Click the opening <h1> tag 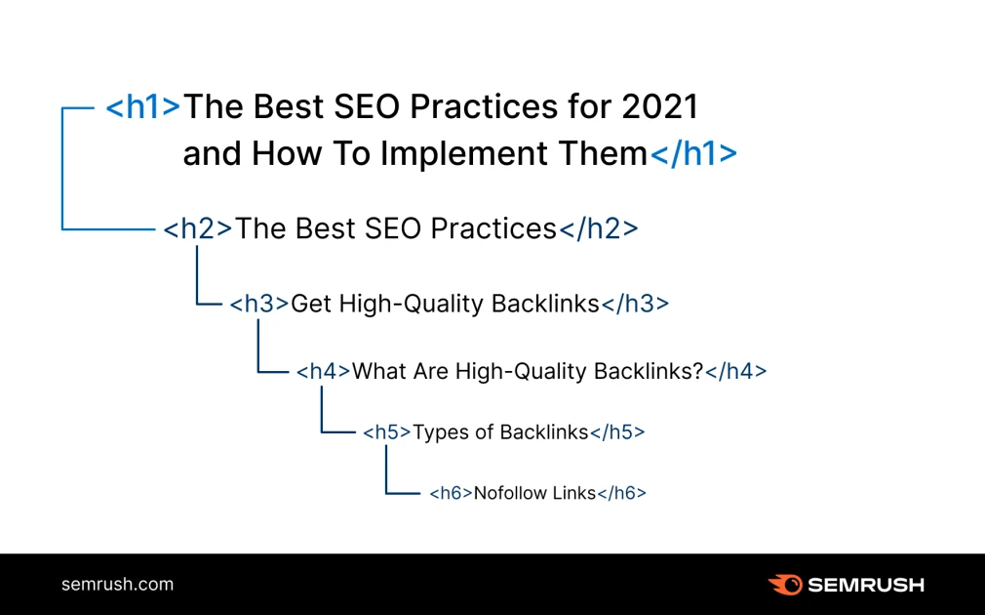143,106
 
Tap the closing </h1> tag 693,153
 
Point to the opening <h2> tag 198,228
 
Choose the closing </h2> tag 597,228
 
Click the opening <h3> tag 259,304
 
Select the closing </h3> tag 635,304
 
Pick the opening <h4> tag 324,371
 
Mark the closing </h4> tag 735,371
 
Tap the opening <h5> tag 387,431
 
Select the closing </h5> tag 617,431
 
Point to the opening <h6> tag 451,493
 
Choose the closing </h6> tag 621,493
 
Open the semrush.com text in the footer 117,585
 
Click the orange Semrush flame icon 784,585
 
